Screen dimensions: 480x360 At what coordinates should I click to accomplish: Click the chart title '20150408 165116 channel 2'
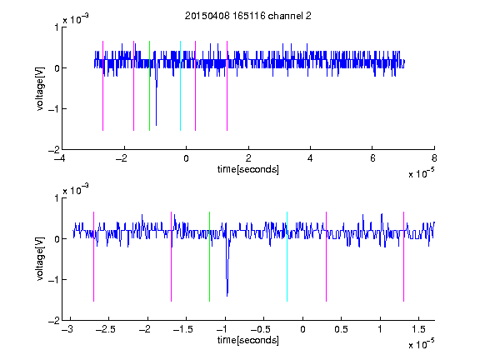click(x=248, y=16)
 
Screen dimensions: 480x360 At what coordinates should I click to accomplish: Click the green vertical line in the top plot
click(x=149, y=86)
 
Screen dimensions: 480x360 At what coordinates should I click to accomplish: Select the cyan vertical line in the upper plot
click(x=180, y=86)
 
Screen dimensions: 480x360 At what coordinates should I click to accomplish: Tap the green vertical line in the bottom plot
click(x=210, y=257)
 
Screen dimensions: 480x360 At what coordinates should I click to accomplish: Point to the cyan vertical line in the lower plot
click(x=287, y=257)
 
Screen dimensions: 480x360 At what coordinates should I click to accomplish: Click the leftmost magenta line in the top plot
click(x=102, y=86)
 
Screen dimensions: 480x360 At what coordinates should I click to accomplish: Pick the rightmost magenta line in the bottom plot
click(x=404, y=257)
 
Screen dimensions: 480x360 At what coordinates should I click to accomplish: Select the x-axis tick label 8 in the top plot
click(x=434, y=158)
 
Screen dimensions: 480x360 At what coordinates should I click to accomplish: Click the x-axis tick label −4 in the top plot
click(x=59, y=158)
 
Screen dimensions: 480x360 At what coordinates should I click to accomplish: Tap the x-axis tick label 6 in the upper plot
click(x=372, y=158)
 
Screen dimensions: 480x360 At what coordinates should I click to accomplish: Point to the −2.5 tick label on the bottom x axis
click(x=105, y=329)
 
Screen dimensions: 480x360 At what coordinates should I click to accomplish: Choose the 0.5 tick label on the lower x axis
click(x=342, y=329)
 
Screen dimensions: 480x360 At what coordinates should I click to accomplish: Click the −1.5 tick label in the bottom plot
click(x=182, y=329)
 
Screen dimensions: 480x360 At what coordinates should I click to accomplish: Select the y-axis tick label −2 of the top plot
click(x=53, y=150)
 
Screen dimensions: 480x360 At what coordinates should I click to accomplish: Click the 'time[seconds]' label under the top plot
click(x=248, y=169)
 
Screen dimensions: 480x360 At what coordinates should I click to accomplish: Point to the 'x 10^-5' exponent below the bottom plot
click(x=421, y=343)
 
